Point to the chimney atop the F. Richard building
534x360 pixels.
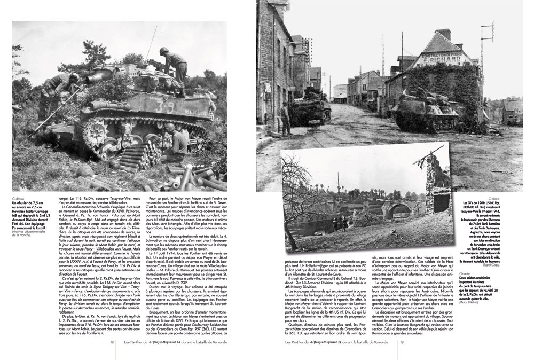coord(443,35)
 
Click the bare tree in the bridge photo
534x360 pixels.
coord(299,176)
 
